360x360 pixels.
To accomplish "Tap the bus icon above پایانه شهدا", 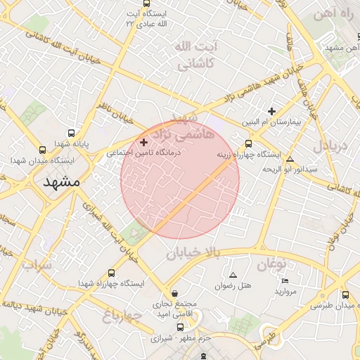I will click(71, 133).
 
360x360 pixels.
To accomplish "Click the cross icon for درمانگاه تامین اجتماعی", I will click(144, 142).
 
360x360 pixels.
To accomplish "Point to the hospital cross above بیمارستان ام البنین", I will click(271, 111).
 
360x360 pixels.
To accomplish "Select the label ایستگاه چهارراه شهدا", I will click(111, 283).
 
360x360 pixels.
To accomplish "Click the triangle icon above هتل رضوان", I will click(233, 274).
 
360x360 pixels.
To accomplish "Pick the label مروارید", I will click(286, 290).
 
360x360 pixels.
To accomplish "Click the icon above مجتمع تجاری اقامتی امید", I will click(174, 293).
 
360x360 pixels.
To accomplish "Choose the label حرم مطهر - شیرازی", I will click(179, 337).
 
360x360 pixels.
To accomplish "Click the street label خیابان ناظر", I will click(116, 110).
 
